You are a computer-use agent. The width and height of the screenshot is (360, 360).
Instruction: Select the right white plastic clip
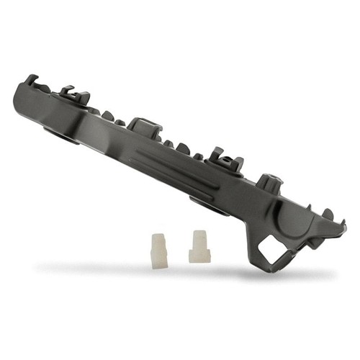click(x=199, y=246)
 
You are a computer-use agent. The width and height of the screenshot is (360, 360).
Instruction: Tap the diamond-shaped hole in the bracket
click(x=273, y=250)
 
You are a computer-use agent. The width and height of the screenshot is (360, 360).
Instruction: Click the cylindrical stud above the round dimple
click(x=269, y=183)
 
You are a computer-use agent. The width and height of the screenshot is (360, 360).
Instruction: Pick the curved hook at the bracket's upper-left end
click(x=31, y=80)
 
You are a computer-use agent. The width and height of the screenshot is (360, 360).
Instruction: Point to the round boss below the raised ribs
click(x=209, y=204)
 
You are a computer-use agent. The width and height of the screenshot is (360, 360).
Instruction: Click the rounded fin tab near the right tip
click(x=327, y=214)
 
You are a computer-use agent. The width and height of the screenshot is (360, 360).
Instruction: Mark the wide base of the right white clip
click(x=199, y=255)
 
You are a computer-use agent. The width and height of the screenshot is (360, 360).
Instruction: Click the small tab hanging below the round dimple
click(x=314, y=243)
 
